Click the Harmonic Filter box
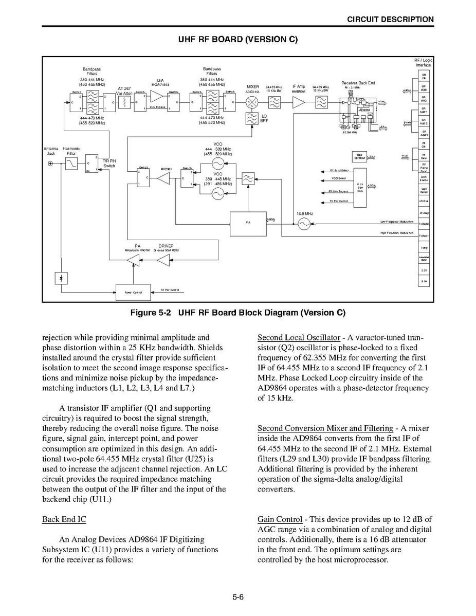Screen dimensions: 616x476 point(71,164)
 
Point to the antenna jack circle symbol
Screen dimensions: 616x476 point(50,164)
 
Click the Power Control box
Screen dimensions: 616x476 point(133,292)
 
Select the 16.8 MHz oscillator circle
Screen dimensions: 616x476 point(304,223)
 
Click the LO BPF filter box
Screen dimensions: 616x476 point(252,119)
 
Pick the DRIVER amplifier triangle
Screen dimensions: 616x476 point(163,262)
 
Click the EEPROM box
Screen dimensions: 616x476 point(359,157)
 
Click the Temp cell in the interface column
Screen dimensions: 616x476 point(424,247)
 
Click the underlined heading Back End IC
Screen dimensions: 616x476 point(64,519)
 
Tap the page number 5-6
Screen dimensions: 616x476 point(237,597)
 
